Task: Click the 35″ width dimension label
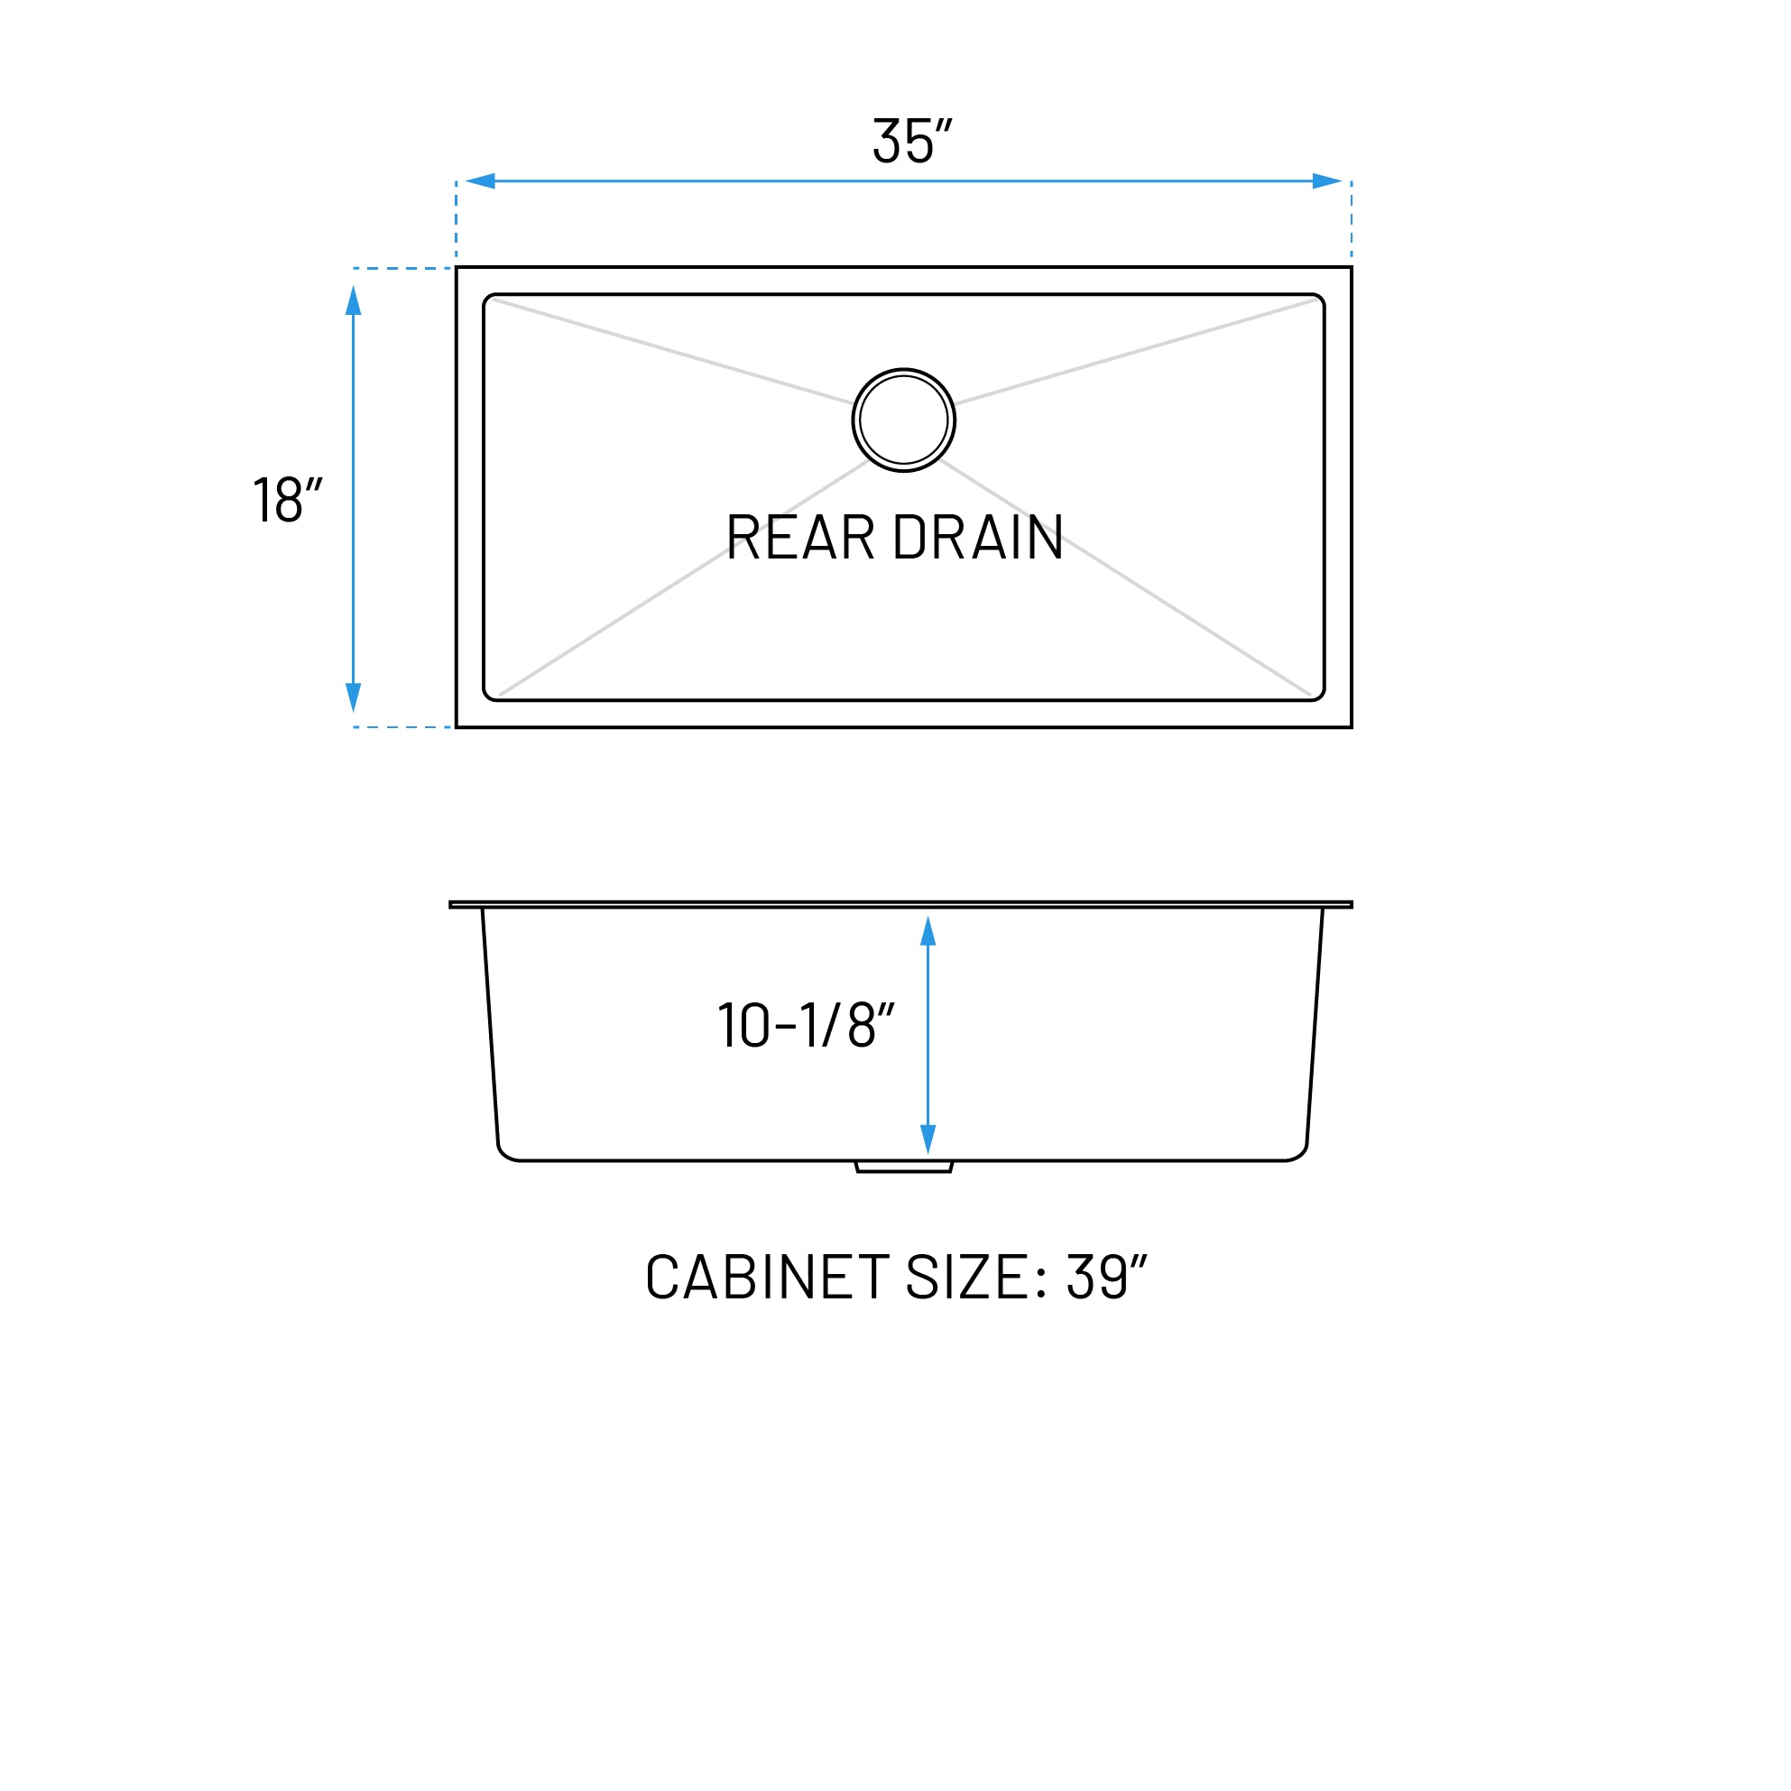pyautogui.click(x=912, y=141)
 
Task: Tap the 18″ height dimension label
pyautogui.click(x=288, y=500)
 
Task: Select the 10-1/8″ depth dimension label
pyautogui.click(x=806, y=1025)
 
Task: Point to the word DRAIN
pyautogui.click(x=978, y=538)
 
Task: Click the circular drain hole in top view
pyautogui.click(x=904, y=420)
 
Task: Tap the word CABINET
pyautogui.click(x=768, y=1278)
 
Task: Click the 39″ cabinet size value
pyautogui.click(x=1107, y=1278)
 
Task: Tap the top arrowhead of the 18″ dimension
pyautogui.click(x=353, y=300)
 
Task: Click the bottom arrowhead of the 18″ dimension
pyautogui.click(x=353, y=697)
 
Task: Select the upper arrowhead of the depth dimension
pyautogui.click(x=928, y=932)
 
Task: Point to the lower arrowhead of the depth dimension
pyautogui.click(x=928, y=1139)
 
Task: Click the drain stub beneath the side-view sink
pyautogui.click(x=904, y=1168)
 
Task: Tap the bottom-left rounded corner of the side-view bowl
pyautogui.click(x=506, y=1152)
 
